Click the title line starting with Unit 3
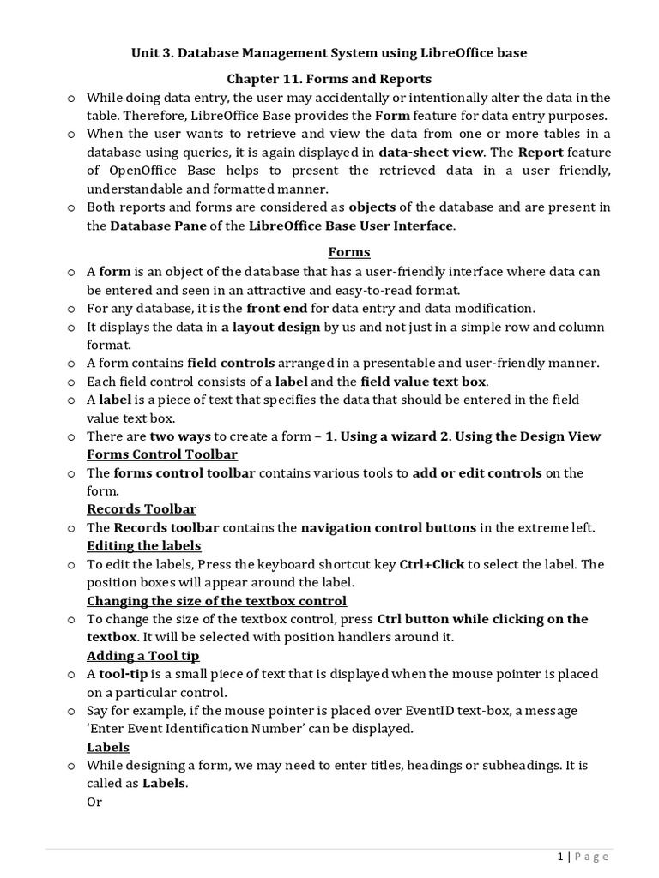(x=329, y=53)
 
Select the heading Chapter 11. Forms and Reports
(x=329, y=80)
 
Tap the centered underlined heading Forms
(x=349, y=252)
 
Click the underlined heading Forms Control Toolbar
(x=162, y=454)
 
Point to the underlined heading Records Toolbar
(x=142, y=509)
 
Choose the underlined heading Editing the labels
(x=144, y=546)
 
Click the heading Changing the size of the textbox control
(x=216, y=601)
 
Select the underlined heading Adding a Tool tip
(x=143, y=656)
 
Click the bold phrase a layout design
(x=270, y=327)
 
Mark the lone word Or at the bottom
(x=94, y=803)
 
